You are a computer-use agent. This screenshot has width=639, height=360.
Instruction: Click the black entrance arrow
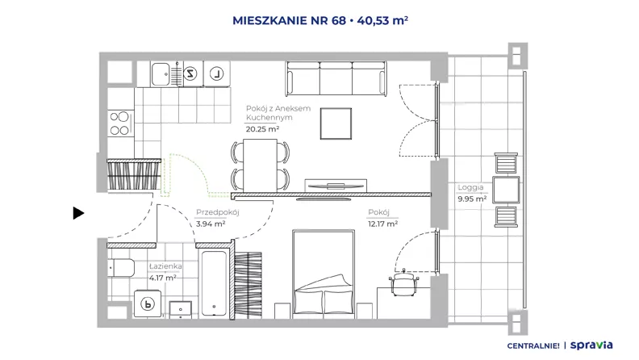[x=78, y=213]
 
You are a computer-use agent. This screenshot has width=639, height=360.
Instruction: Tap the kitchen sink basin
[x=161, y=74]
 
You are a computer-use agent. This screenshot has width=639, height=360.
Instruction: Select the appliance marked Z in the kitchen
[x=190, y=73]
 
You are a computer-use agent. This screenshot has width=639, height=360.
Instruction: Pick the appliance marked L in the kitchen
[x=216, y=73]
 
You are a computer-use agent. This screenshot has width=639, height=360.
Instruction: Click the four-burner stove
[x=120, y=123]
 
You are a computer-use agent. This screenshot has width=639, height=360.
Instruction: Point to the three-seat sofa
[x=336, y=78]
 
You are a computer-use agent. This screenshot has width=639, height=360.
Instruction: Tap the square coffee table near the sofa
[x=336, y=123]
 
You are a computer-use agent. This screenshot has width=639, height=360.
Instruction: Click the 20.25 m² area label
[x=262, y=129]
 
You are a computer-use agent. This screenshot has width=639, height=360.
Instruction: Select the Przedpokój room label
[x=217, y=212]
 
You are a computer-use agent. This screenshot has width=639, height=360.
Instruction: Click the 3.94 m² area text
[x=211, y=224]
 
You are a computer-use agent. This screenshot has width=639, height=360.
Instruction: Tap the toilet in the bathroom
[x=122, y=268]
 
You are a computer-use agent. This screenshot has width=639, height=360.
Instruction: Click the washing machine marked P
[x=148, y=303]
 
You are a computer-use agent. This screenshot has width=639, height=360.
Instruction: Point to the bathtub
[x=214, y=283]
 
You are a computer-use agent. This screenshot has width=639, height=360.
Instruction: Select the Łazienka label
[x=165, y=266]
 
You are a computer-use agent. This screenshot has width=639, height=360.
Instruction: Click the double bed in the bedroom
[x=324, y=274]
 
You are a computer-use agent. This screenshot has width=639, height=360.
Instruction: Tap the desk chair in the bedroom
[x=404, y=283]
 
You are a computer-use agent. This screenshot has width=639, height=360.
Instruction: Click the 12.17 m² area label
[x=382, y=224]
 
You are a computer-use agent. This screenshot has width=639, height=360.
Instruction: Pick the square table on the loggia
[x=506, y=190]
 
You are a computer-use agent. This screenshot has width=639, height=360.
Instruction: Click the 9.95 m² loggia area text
[x=472, y=199]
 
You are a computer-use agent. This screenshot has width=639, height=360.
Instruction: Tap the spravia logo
[x=591, y=345]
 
